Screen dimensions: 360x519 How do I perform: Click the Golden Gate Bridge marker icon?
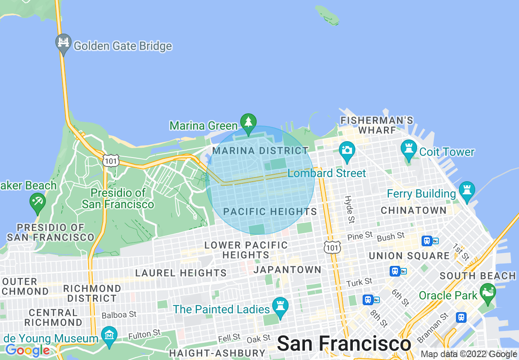63,43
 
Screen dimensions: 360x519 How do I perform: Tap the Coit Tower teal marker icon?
408,150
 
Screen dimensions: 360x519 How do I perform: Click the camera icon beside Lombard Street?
347,150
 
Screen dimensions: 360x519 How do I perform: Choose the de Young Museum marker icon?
109,336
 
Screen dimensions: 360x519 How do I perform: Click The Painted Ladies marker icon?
280,307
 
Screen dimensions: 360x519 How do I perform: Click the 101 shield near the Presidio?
111,161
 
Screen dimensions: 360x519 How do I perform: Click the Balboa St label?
119,315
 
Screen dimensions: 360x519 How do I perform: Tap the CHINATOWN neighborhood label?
413,210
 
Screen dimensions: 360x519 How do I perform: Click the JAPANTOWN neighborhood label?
287,270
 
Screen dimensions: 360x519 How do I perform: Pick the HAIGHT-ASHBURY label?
217,353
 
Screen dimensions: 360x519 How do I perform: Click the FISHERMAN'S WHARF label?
377,125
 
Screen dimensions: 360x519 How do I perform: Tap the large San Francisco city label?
344,344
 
